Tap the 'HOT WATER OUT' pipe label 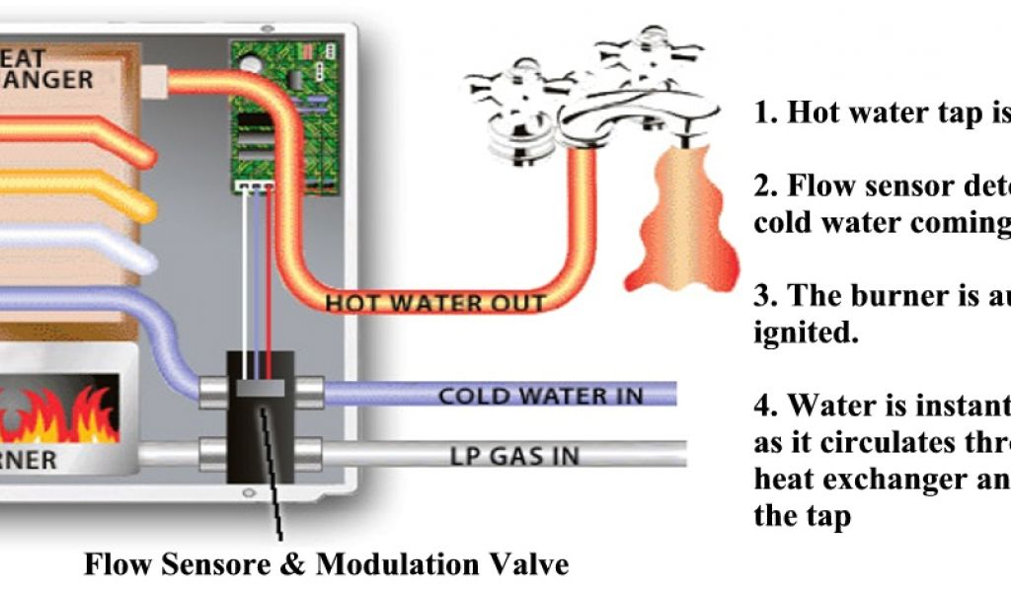click(435, 302)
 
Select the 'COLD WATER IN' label click(540, 396)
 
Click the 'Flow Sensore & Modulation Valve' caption click(327, 564)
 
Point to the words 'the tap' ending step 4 click(801, 516)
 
